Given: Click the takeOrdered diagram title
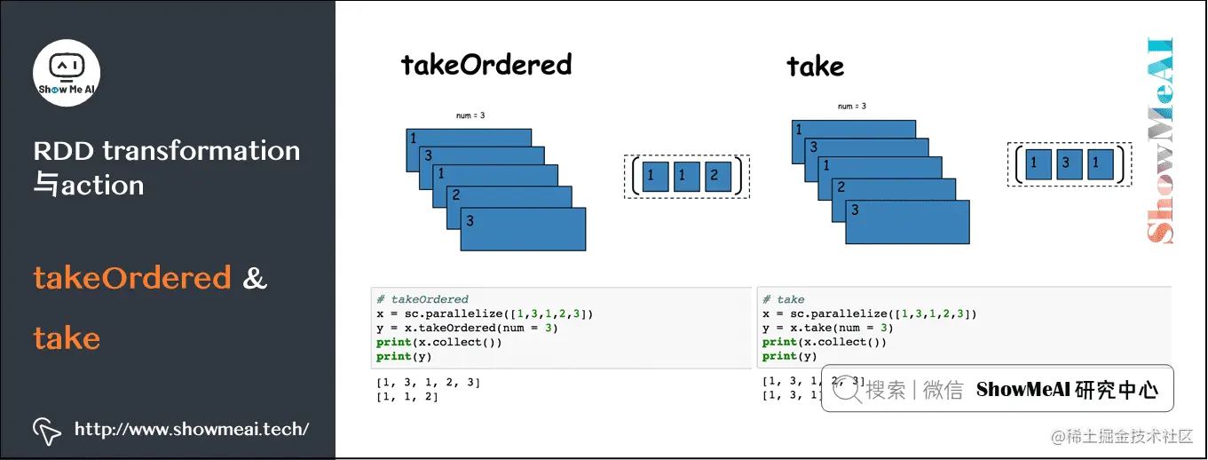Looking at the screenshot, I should point(486,65).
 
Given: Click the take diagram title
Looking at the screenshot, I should point(815,67).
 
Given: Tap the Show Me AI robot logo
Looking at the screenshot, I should point(67,72).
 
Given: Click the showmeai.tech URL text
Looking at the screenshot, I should point(192,430).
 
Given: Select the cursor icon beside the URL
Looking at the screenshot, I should point(46,430).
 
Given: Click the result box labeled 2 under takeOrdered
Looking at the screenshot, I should point(717,177).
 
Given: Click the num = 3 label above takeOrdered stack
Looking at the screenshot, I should point(469,115).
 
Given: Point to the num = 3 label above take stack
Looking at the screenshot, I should point(851,107).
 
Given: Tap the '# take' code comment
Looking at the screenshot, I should point(784,299).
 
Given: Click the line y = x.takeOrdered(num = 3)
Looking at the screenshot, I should point(467,328).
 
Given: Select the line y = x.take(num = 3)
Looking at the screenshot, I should point(827,328).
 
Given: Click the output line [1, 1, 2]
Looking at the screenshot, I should point(407,396).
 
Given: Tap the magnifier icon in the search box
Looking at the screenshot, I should point(848,389).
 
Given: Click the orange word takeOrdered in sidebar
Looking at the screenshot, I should point(132,279).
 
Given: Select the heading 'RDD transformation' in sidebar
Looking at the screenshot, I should point(167,151).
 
